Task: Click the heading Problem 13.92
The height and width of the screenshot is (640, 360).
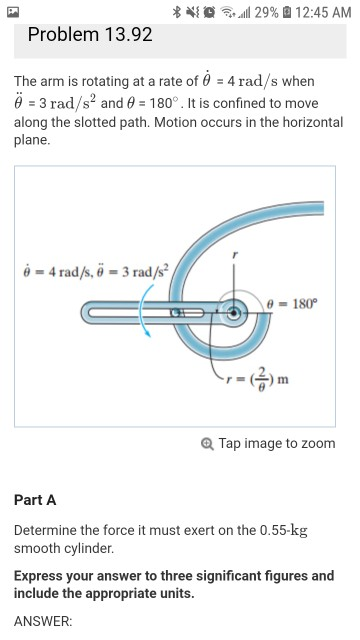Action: tap(90, 34)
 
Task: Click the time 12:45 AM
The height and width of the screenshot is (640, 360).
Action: tap(320, 10)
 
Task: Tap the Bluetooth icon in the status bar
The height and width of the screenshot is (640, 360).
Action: tap(176, 10)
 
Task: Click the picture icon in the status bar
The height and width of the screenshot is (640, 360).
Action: tap(13, 10)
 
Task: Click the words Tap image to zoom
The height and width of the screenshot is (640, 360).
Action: tap(277, 443)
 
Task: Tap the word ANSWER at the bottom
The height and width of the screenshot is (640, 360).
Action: tap(43, 620)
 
